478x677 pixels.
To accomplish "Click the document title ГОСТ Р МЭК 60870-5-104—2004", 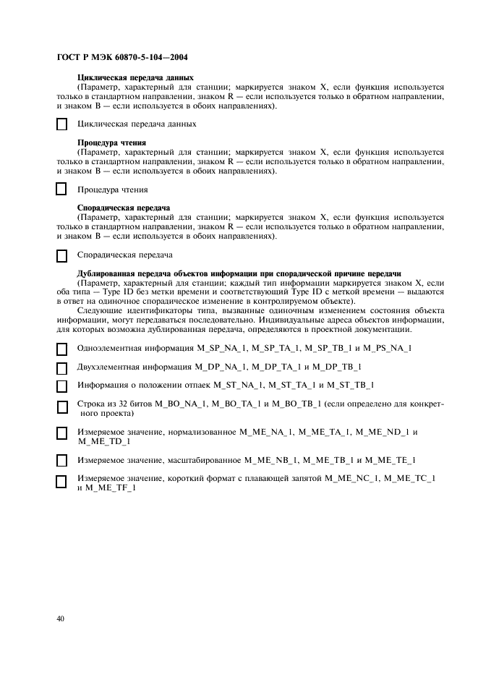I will [x=122, y=56].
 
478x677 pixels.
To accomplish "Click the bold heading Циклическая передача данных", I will [x=135, y=77].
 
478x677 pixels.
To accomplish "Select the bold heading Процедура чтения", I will [x=111, y=142].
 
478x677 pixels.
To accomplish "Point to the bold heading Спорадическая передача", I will [x=123, y=208].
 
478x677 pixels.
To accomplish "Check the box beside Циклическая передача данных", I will [x=62, y=124].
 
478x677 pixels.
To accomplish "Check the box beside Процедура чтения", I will [x=62, y=190].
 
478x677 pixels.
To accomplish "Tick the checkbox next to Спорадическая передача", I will [x=62, y=255].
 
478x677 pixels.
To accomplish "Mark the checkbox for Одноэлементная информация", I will [x=62, y=349].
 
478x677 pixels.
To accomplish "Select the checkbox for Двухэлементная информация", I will [x=62, y=367].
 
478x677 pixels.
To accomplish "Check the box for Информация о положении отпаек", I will [x=62, y=386].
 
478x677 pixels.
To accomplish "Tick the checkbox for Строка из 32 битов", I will [x=62, y=407].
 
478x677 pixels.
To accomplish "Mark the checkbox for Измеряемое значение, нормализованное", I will [x=62, y=434].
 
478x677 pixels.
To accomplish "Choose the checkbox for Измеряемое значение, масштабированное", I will [x=62, y=461].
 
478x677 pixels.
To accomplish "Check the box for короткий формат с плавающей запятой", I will [x=62, y=482].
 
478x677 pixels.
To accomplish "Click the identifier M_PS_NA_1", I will [x=387, y=349].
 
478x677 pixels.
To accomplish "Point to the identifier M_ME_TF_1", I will [x=111, y=488].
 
